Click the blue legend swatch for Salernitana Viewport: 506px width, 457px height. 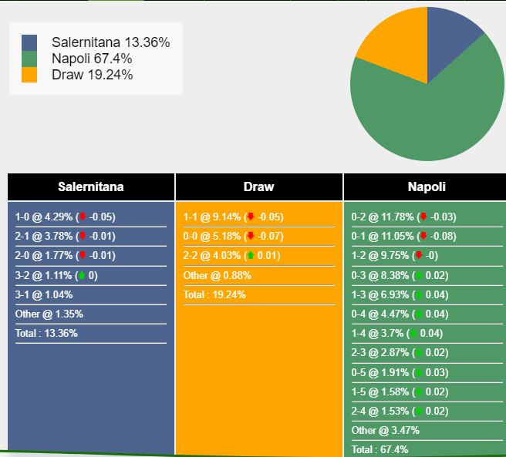point(29,42)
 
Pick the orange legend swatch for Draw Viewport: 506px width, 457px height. point(29,75)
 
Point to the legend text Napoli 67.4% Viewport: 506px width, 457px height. point(92,59)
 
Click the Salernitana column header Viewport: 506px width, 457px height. point(91,186)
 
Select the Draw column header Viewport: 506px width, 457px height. point(259,186)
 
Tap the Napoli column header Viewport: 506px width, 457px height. point(427,186)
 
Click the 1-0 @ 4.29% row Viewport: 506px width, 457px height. point(66,217)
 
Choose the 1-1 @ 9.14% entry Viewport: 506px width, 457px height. point(233,217)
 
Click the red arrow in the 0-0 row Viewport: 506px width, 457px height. point(251,236)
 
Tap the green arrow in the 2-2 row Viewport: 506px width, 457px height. point(251,255)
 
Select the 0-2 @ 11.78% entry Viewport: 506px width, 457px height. point(403,217)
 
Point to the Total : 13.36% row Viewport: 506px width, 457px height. point(46,333)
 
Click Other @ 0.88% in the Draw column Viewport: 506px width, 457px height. point(218,275)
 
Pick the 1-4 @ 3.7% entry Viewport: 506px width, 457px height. point(397,333)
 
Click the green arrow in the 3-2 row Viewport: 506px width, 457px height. point(82,275)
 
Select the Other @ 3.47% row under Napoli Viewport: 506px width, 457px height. point(386,430)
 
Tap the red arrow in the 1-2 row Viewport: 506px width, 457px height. point(419,255)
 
